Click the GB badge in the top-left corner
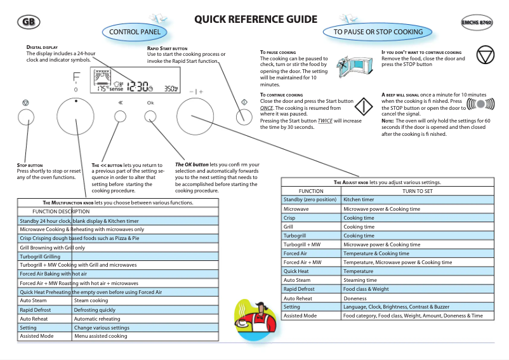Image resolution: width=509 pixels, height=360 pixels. click(x=27, y=23)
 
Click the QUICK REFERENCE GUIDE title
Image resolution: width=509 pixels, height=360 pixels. click(x=256, y=20)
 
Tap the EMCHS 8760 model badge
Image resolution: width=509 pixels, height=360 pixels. click(x=477, y=23)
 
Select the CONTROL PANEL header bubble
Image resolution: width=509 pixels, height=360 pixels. click(x=138, y=32)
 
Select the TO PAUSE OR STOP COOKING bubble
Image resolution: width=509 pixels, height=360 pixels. click(x=378, y=32)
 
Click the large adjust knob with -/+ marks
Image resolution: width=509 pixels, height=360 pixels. click(x=195, y=117)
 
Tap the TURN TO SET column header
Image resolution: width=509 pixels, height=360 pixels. click(x=417, y=191)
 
